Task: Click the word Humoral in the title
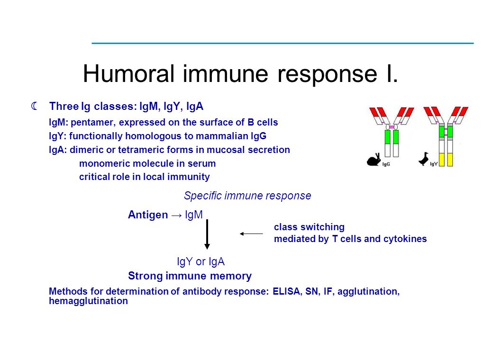[128, 73]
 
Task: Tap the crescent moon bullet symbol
[35, 106]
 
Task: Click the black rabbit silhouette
[374, 160]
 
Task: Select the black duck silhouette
[423, 159]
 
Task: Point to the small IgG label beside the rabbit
[386, 164]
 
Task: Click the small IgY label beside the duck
[434, 164]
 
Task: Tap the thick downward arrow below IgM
[207, 234]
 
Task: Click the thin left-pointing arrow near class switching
[251, 234]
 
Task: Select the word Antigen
[148, 215]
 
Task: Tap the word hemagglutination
[88, 301]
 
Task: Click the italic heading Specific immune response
[247, 196]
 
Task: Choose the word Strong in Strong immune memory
[145, 276]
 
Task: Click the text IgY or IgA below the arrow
[201, 261]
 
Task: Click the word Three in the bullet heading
[64, 106]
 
